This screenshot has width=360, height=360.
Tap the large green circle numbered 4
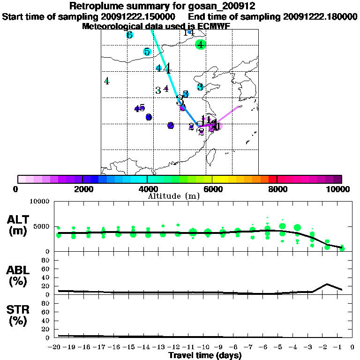tap(201, 45)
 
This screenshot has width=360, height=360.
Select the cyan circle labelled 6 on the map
tap(129, 35)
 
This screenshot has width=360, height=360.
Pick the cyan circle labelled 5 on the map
tap(147, 52)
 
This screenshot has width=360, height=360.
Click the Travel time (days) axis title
tap(205, 355)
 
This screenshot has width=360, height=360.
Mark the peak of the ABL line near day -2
tap(327, 284)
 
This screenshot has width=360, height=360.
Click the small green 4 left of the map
tap(107, 81)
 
